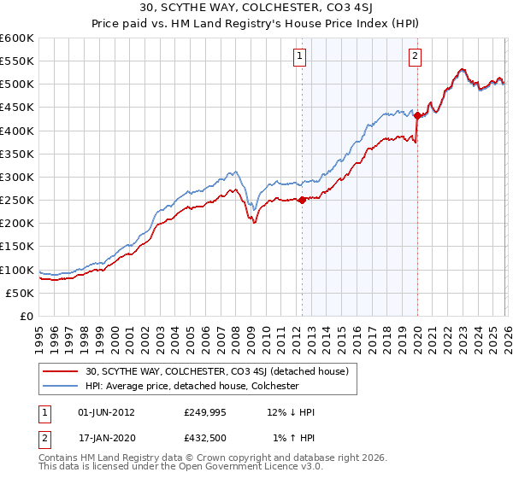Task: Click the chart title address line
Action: click(x=256, y=8)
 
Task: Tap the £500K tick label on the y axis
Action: click(x=17, y=85)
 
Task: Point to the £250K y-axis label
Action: click(x=17, y=201)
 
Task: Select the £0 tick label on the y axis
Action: click(x=26, y=317)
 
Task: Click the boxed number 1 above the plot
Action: click(x=301, y=57)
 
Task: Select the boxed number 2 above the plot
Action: click(x=415, y=57)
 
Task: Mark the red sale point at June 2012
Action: click(x=302, y=201)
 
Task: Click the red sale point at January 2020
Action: click(x=417, y=116)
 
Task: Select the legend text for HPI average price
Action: click(x=192, y=386)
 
